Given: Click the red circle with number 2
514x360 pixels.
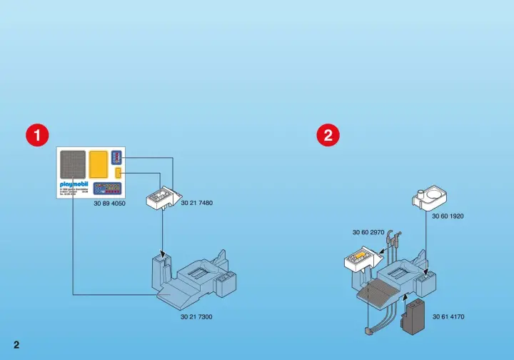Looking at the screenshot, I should click(x=328, y=135).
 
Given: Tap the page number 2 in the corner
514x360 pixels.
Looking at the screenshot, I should click(x=16, y=345).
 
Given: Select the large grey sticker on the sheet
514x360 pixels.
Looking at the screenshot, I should click(x=73, y=165).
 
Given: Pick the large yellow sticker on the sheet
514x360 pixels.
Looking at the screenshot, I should click(x=99, y=165).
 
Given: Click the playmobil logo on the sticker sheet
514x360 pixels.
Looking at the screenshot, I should click(x=72, y=184).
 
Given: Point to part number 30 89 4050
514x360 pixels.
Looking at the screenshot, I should click(x=109, y=204).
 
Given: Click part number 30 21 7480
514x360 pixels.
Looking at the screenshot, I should click(x=197, y=203).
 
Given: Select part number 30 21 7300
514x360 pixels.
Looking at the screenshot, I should click(x=196, y=316).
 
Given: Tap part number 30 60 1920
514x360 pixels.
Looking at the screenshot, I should click(x=448, y=216).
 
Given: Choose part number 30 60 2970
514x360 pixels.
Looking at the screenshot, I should click(x=368, y=232).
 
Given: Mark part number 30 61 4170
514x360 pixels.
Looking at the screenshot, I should click(x=448, y=316).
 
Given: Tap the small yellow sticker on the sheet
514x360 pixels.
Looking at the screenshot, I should click(x=118, y=174).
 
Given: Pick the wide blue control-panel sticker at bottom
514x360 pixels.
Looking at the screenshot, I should click(x=108, y=189).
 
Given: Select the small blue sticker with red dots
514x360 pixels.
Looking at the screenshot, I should click(x=117, y=158).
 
